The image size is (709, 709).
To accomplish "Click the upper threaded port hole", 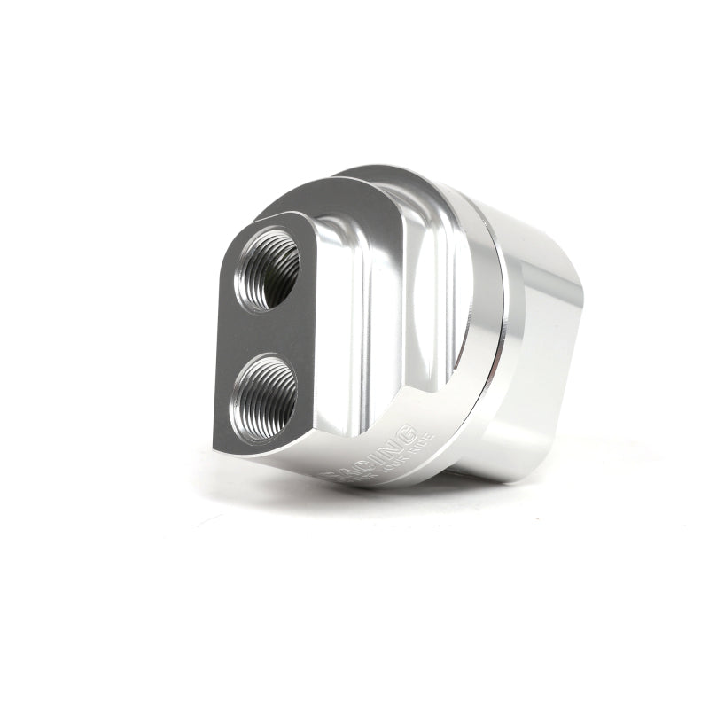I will pos(267,269).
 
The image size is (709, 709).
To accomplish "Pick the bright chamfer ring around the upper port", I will pos(266,235).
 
